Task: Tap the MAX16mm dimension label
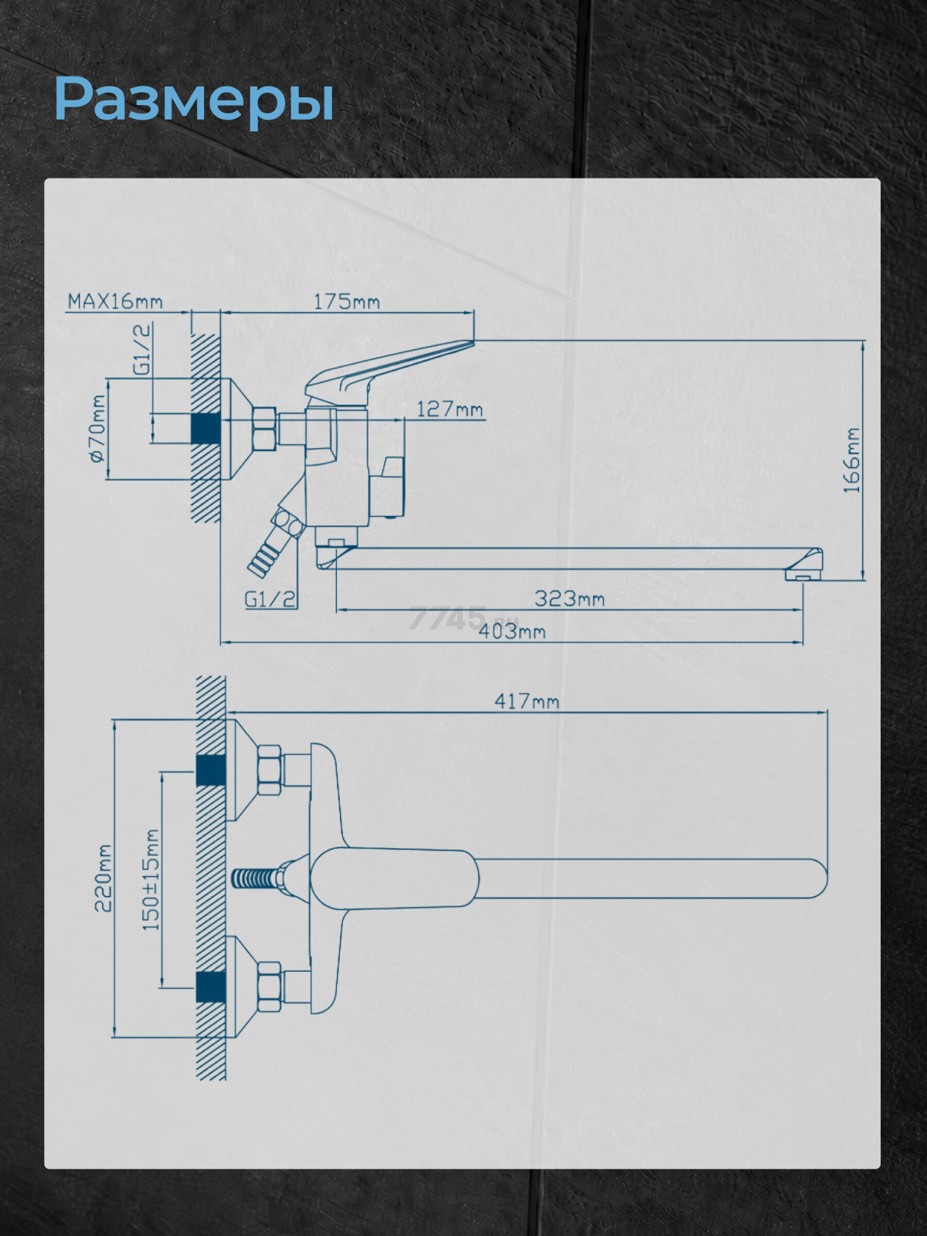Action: click(115, 302)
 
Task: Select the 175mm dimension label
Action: click(347, 302)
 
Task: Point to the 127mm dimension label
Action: click(450, 409)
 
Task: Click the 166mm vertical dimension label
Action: click(851, 460)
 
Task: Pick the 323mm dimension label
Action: click(569, 599)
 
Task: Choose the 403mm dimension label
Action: click(511, 631)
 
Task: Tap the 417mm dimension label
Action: click(527, 701)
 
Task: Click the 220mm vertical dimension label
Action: click(104, 878)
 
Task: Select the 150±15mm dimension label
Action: click(151, 880)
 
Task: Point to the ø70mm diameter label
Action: click(97, 429)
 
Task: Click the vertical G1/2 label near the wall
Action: click(142, 350)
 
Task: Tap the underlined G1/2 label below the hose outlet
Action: click(270, 599)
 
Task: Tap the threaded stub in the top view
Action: click(256, 880)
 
